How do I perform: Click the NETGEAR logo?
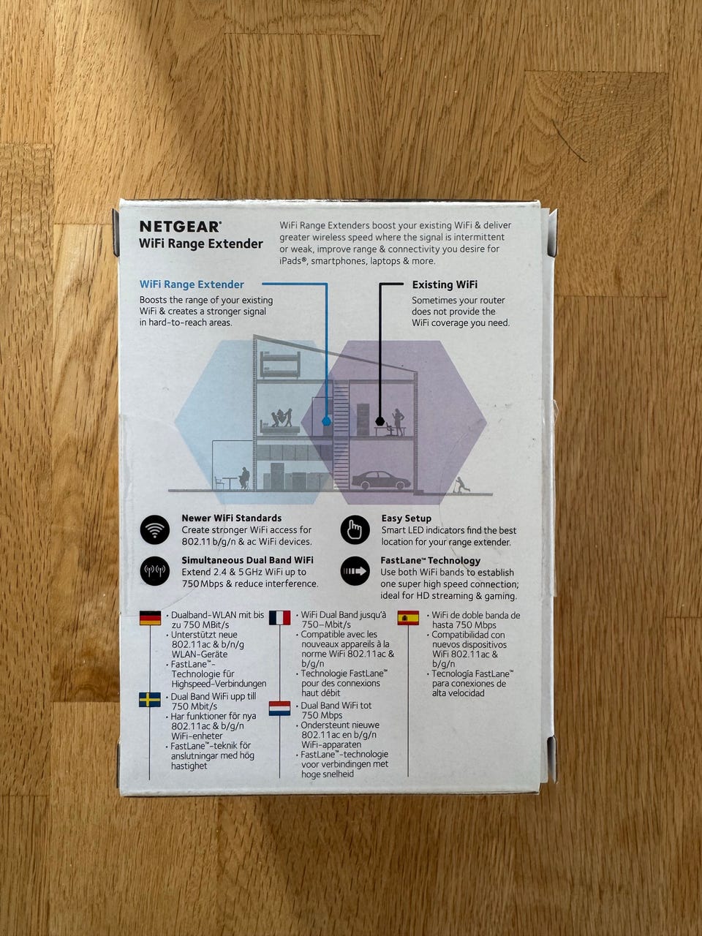(181, 227)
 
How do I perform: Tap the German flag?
(150, 618)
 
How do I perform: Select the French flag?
(279, 617)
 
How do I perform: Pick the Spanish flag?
(408, 617)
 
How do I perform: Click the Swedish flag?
(150, 700)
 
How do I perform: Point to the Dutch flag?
(279, 709)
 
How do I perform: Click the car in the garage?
(381, 480)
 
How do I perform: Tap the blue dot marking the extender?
(326, 421)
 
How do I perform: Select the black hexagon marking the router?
(380, 421)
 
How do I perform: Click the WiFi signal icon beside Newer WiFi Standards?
(155, 529)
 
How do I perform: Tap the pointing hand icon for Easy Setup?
(355, 529)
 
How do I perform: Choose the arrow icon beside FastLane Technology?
(355, 571)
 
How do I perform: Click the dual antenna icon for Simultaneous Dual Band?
(155, 570)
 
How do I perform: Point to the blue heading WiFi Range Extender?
(192, 284)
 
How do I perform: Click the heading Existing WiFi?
(445, 284)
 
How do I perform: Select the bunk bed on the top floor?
(279, 365)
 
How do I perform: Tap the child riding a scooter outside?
(461, 486)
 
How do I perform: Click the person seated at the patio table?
(244, 478)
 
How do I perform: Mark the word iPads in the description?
(293, 261)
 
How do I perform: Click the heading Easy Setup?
(406, 518)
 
